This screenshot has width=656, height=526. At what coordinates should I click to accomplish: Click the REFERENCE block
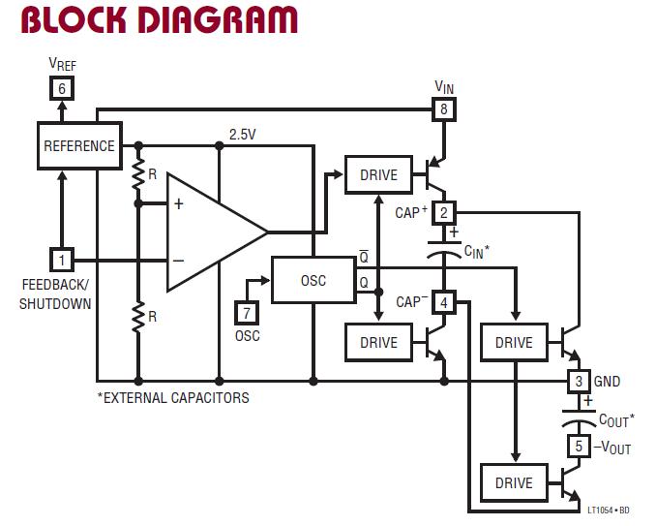tap(79, 146)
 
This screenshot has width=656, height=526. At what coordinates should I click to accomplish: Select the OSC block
tap(313, 281)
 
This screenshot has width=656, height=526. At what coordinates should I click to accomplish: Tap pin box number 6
tap(61, 88)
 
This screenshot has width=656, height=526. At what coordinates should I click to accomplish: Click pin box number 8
tap(444, 109)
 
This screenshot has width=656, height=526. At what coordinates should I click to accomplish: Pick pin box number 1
tap(61, 260)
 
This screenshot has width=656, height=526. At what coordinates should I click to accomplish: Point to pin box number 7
tap(247, 313)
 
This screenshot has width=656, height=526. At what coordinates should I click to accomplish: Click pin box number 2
tap(444, 213)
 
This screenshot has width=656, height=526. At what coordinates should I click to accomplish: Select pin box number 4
tap(444, 303)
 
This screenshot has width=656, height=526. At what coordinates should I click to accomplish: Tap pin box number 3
tap(578, 381)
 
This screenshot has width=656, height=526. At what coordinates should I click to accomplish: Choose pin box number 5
tap(578, 447)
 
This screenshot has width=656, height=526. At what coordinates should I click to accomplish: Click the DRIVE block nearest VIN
tap(378, 174)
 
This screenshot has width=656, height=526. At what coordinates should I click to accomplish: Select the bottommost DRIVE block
tap(514, 482)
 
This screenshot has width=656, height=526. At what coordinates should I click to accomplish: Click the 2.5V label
tap(243, 135)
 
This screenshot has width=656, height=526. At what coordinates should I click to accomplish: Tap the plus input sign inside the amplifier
tap(178, 204)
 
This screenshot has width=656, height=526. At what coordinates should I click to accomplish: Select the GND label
tap(608, 382)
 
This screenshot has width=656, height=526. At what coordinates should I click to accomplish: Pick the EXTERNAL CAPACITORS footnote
tap(173, 398)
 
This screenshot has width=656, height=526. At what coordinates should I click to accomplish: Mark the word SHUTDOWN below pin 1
tap(55, 304)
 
